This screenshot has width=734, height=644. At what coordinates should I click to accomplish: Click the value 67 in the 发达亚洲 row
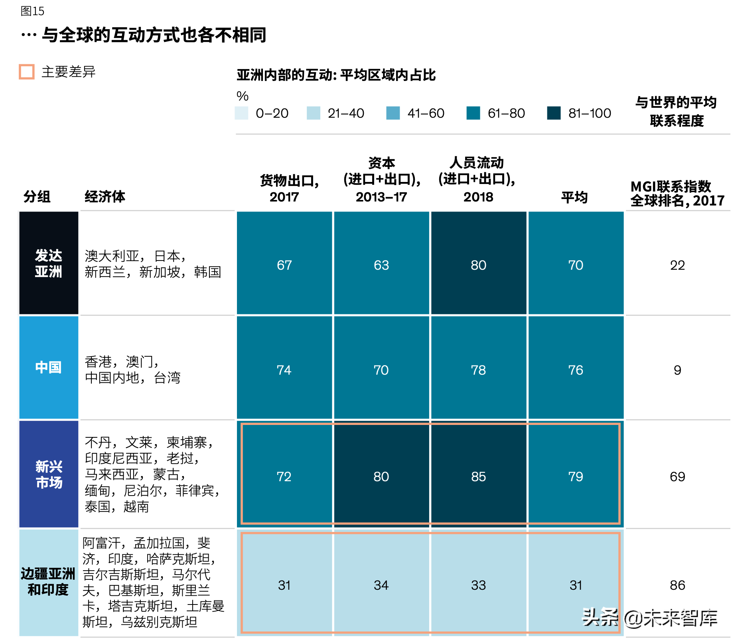tap(284, 265)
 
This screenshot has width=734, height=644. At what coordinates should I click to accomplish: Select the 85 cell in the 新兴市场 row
tap(478, 476)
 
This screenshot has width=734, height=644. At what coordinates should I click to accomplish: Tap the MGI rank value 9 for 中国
tap(677, 370)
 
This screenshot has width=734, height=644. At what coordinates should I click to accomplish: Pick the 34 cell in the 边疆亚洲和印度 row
tap(381, 585)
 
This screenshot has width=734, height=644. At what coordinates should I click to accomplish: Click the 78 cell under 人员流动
tap(478, 370)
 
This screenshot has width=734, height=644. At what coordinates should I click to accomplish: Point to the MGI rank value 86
tap(677, 585)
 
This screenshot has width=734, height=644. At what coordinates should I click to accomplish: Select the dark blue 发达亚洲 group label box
tap(49, 263)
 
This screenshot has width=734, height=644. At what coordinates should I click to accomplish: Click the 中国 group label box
tap(49, 367)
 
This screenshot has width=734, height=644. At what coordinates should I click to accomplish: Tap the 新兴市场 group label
tap(49, 474)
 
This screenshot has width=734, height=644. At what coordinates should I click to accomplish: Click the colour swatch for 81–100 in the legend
tap(554, 113)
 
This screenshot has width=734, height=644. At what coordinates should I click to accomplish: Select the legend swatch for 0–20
tap(242, 113)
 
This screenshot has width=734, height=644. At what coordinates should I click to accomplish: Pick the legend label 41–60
tap(426, 113)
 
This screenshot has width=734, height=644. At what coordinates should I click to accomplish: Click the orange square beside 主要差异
tap(27, 72)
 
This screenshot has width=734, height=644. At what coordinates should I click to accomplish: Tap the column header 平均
tap(574, 197)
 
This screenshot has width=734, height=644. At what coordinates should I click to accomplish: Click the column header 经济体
tap(105, 196)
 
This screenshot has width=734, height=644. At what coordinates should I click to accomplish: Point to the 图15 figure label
tap(32, 11)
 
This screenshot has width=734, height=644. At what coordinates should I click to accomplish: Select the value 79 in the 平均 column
tap(575, 476)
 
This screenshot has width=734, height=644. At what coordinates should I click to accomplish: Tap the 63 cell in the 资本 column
tap(381, 265)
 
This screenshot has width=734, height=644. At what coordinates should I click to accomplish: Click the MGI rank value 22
tap(677, 265)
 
